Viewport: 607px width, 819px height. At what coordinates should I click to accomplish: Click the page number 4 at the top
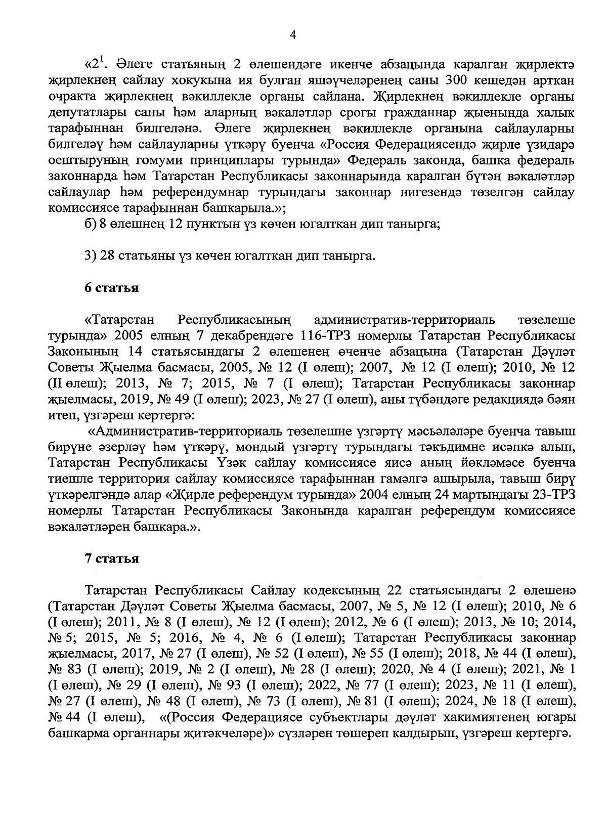[292, 34]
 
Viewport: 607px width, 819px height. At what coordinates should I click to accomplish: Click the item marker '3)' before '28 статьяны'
[90, 256]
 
